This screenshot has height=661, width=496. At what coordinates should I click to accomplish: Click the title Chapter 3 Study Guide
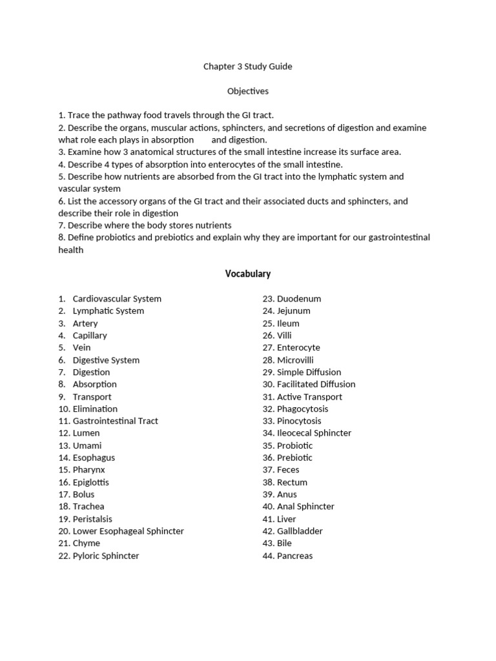(247, 66)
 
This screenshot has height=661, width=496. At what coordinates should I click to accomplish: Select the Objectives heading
(247, 91)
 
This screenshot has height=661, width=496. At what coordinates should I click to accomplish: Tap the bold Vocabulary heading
(247, 274)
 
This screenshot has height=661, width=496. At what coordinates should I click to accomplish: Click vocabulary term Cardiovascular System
(117, 299)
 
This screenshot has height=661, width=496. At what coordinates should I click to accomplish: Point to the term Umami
(87, 445)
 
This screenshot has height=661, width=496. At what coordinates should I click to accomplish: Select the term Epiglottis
(91, 482)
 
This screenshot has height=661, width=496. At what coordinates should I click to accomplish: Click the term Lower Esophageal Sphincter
(128, 531)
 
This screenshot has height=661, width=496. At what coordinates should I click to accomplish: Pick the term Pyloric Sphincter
(106, 556)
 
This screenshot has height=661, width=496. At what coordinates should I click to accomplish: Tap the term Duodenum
(298, 299)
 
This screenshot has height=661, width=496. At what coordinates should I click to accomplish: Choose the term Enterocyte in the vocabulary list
(300, 348)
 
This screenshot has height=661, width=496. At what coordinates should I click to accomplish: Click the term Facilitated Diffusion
(316, 384)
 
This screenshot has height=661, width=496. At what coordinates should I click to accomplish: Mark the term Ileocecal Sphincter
(314, 433)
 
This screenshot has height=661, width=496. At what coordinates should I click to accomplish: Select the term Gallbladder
(300, 531)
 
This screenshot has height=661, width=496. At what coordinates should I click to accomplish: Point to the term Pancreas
(294, 556)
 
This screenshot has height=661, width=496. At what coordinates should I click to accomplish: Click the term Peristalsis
(92, 519)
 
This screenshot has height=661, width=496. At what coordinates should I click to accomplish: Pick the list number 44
(268, 556)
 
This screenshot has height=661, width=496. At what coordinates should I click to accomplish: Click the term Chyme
(87, 544)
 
